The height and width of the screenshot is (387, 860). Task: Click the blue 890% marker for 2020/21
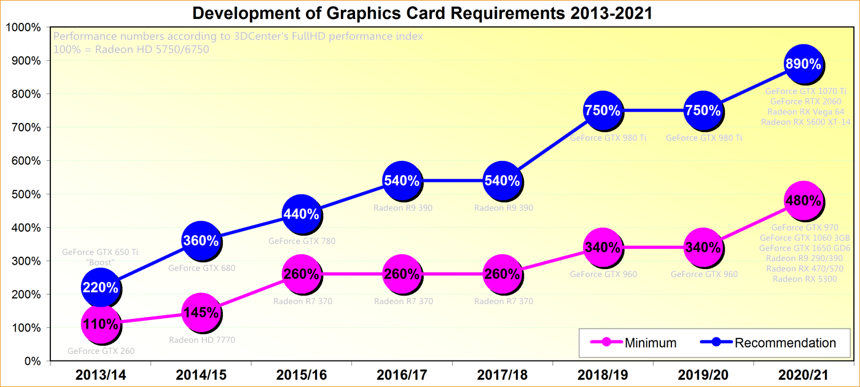pyautogui.click(x=803, y=64)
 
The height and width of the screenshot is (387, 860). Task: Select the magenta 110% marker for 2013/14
pyautogui.click(x=100, y=324)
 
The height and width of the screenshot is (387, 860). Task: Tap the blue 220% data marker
pyautogui.click(x=100, y=287)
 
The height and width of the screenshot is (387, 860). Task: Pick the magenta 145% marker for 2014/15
pyautogui.click(x=201, y=313)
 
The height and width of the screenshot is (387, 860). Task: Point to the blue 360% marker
pyautogui.click(x=201, y=241)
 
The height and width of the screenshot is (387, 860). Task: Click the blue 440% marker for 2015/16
pyautogui.click(x=301, y=214)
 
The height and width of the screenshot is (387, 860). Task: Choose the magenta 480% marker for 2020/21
pyautogui.click(x=803, y=201)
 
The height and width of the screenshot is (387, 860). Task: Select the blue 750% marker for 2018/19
pyautogui.click(x=602, y=111)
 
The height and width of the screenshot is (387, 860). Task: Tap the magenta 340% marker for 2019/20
pyautogui.click(x=703, y=248)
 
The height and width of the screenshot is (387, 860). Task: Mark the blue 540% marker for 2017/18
pyautogui.click(x=502, y=181)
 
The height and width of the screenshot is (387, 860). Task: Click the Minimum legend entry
pyautogui.click(x=633, y=343)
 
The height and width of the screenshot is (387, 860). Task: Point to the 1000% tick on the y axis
pyautogui.click(x=23, y=28)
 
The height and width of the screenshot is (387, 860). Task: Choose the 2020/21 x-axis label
pyautogui.click(x=803, y=374)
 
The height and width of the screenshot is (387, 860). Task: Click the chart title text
pyautogui.click(x=423, y=12)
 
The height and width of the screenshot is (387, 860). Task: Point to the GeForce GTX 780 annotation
pyautogui.click(x=302, y=241)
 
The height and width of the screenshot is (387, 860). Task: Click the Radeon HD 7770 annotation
pyautogui.click(x=202, y=340)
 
